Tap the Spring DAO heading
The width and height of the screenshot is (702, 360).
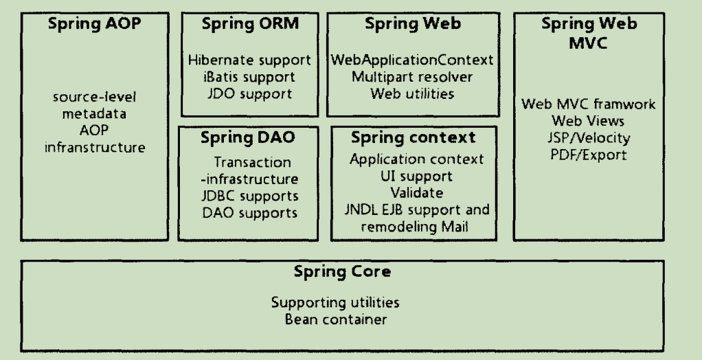pyautogui.click(x=247, y=137)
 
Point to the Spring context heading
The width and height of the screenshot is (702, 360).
pyautogui.click(x=413, y=137)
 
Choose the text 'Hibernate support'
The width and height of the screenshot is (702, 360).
pyautogui.click(x=249, y=60)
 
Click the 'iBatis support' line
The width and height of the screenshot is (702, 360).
pyautogui.click(x=249, y=76)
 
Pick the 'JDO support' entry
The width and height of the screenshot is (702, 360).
pyautogui.click(x=249, y=93)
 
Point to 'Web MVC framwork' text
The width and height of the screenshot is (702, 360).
pyautogui.click(x=589, y=105)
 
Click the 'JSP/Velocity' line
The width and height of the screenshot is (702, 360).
pyautogui.click(x=589, y=138)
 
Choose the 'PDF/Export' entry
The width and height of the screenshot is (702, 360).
pyautogui.click(x=589, y=155)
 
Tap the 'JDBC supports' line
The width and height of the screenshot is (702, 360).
pyautogui.click(x=255, y=196)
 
